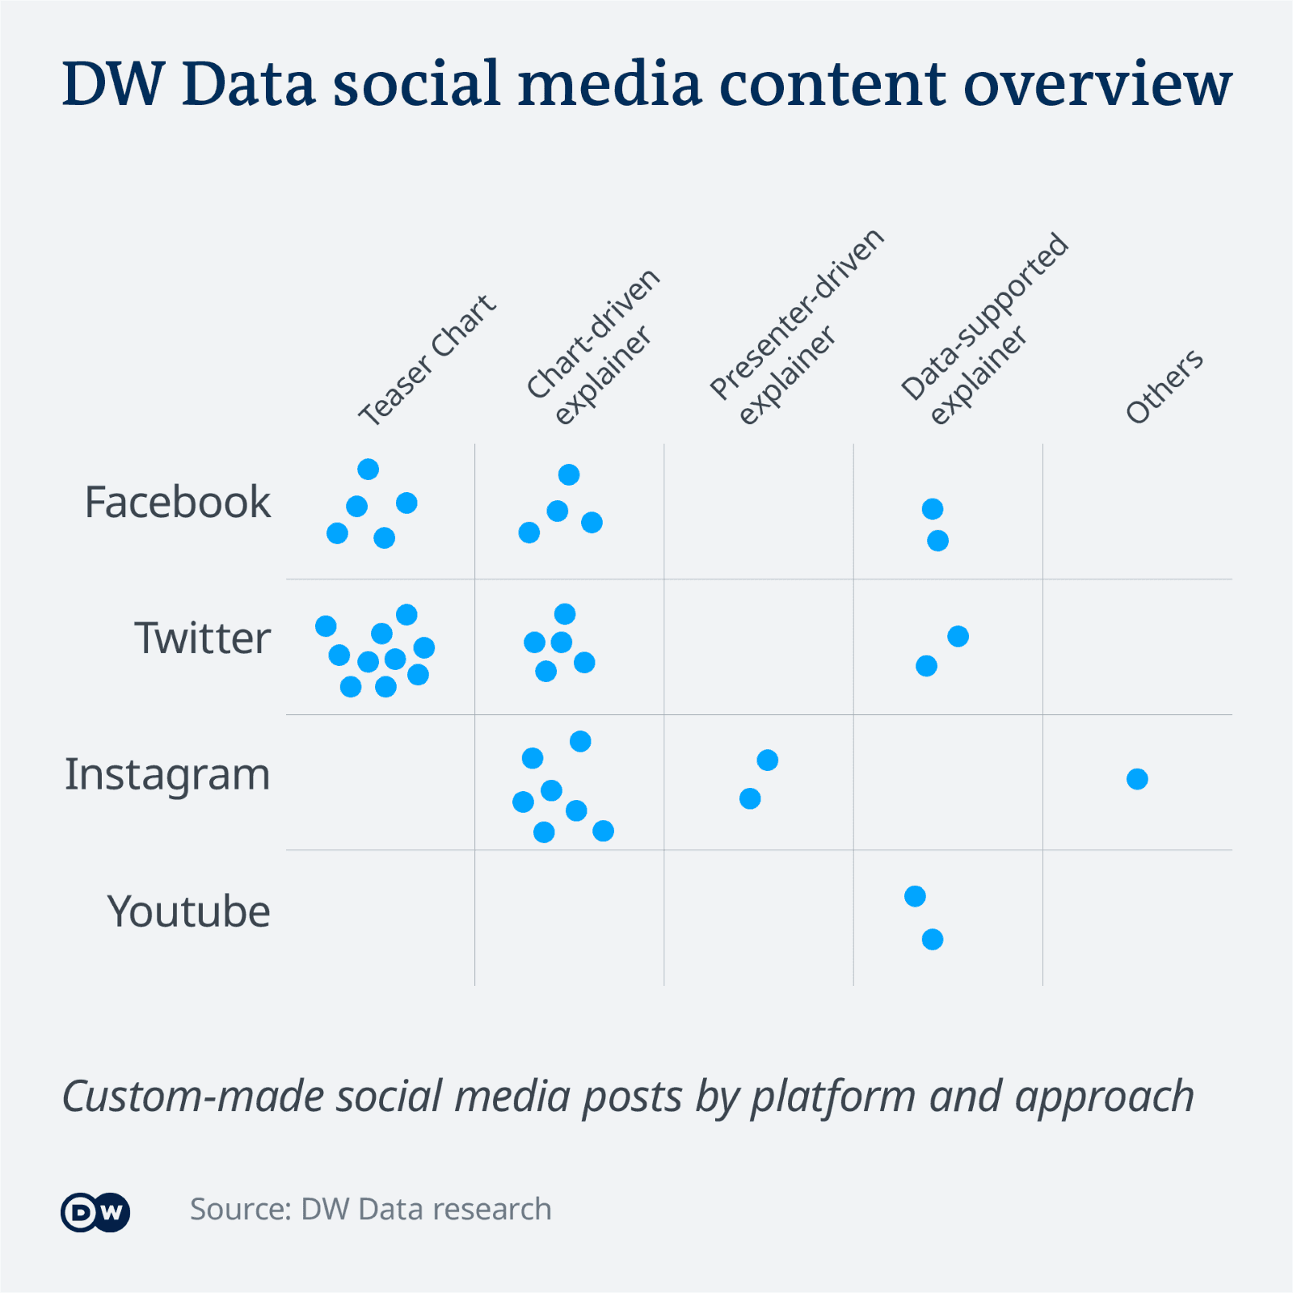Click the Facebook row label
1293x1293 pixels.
(177, 502)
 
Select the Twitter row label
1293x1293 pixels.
(202, 638)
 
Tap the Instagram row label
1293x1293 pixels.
(167, 774)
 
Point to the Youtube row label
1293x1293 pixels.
(188, 911)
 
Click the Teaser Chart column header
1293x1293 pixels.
(427, 360)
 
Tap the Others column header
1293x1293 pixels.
(1164, 387)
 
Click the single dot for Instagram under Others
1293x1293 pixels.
(1137, 779)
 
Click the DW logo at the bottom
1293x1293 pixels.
(95, 1212)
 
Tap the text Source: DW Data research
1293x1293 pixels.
(371, 1210)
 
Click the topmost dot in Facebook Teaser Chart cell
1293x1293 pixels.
(368, 469)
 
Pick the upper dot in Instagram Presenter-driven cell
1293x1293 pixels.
(767, 760)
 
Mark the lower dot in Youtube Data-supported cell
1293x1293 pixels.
(933, 939)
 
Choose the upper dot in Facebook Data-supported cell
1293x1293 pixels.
(933, 508)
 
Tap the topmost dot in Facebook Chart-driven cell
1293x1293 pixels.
(569, 474)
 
